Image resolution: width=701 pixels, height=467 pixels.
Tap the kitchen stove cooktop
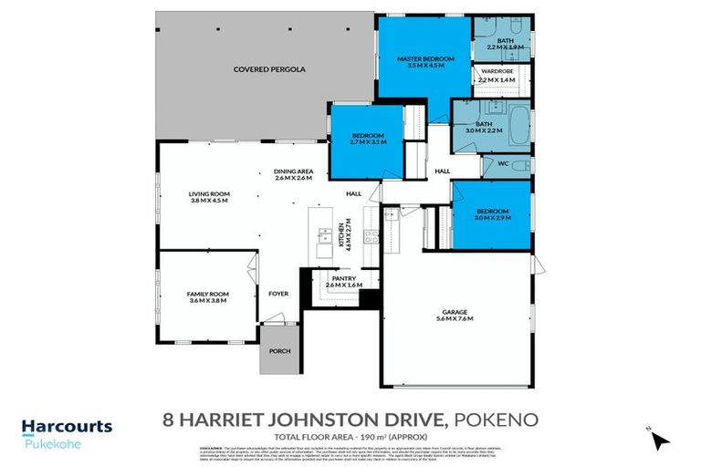371,234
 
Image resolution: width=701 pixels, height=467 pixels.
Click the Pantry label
343,280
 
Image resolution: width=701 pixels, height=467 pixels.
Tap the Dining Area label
293,173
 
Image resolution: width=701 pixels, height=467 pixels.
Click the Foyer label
277,294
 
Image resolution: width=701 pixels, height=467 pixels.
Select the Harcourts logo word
67,426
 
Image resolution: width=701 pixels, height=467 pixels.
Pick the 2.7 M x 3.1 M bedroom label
368,138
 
